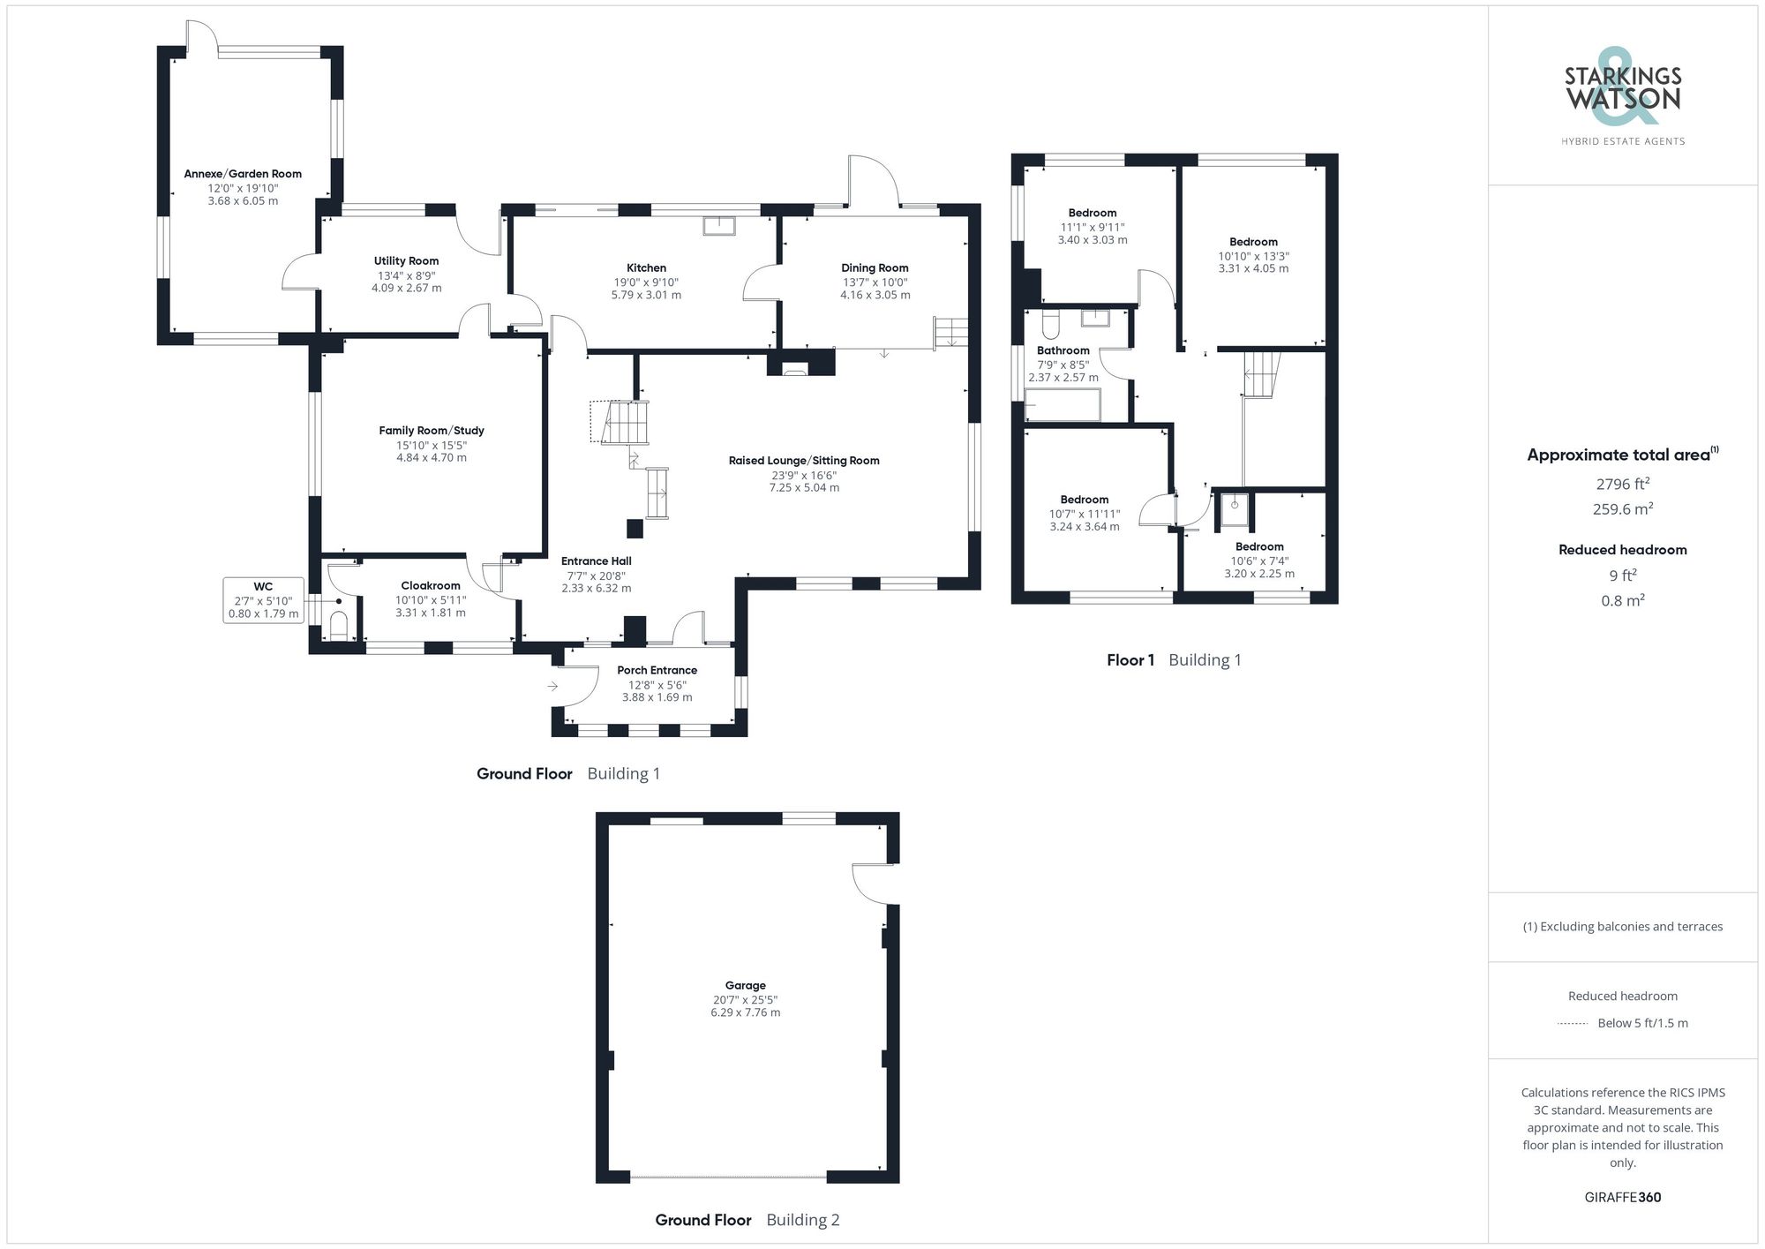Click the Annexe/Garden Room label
(x=243, y=174)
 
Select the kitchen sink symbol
(x=718, y=225)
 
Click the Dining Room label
(x=875, y=267)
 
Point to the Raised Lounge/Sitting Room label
(x=804, y=460)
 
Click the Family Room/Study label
(x=432, y=431)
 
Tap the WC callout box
(x=263, y=600)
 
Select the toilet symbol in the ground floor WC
(x=339, y=625)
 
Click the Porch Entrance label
(x=657, y=670)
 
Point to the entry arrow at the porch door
(x=552, y=686)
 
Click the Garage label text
(x=745, y=985)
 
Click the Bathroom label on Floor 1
(x=1063, y=350)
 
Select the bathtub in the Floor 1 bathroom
(x=1063, y=406)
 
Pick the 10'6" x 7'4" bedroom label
(x=1259, y=546)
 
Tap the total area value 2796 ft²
(x=1622, y=484)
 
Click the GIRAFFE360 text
(x=1622, y=1197)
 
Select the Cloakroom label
(x=431, y=585)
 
